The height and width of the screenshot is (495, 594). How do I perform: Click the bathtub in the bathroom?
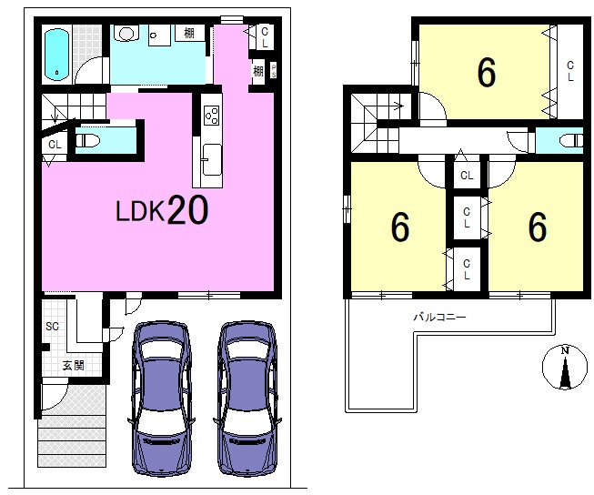click(x=56, y=56)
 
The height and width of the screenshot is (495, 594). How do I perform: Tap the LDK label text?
click(x=140, y=211)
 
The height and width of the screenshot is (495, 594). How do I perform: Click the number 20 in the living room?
click(x=187, y=209)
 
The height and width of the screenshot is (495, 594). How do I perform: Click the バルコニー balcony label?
click(x=439, y=317)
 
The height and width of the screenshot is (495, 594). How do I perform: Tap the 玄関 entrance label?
click(x=73, y=366)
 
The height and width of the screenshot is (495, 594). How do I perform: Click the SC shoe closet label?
click(x=52, y=326)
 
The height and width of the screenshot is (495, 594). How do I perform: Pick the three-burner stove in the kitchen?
click(x=212, y=115)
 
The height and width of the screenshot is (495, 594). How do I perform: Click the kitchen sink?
click(x=211, y=159)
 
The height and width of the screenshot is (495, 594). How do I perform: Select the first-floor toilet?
click(x=88, y=141)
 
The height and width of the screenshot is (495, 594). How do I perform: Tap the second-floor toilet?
click(x=571, y=140)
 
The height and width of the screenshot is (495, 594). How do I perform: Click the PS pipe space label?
click(x=274, y=71)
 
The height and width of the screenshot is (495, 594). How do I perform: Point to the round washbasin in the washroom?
click(x=127, y=34)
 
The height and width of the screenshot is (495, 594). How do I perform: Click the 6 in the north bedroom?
click(x=487, y=73)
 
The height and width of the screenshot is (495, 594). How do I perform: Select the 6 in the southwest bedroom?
click(x=400, y=227)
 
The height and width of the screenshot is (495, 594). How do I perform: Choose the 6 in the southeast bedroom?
click(x=538, y=227)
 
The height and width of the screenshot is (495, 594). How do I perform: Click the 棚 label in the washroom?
click(x=189, y=33)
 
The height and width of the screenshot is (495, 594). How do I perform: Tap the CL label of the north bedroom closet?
click(x=570, y=72)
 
